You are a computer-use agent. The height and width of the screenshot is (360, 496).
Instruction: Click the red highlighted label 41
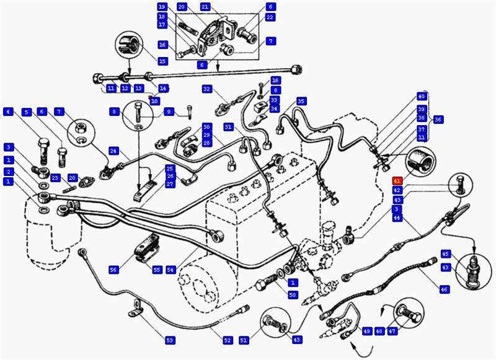[x=396, y=180]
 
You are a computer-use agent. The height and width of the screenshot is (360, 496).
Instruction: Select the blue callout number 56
[x=113, y=270]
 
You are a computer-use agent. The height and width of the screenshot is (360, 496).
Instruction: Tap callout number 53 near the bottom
[x=170, y=340]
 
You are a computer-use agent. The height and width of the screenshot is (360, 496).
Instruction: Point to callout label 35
[x=301, y=101]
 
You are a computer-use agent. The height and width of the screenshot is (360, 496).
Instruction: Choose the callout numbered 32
[x=207, y=89]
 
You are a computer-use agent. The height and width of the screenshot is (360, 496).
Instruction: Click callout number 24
[x=113, y=151]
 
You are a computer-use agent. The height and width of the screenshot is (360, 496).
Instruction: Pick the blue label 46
[x=443, y=289]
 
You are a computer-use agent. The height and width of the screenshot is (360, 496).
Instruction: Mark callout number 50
[x=293, y=294]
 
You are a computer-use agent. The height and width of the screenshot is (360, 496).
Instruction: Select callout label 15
[x=162, y=61]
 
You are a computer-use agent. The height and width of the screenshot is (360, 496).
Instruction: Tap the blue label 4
[x=8, y=112]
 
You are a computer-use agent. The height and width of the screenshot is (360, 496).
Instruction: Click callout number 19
[x=162, y=6]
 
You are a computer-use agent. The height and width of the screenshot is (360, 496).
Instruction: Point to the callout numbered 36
[x=438, y=120]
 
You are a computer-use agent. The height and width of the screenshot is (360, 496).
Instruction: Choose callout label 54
[x=170, y=270]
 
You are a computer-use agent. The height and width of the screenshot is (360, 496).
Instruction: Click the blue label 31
[x=228, y=127]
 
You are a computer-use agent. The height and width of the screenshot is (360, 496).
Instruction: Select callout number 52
[x=228, y=340]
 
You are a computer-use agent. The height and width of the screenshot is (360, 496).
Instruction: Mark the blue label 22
[x=270, y=17]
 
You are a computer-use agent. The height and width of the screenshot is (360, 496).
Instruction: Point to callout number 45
[x=445, y=254]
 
